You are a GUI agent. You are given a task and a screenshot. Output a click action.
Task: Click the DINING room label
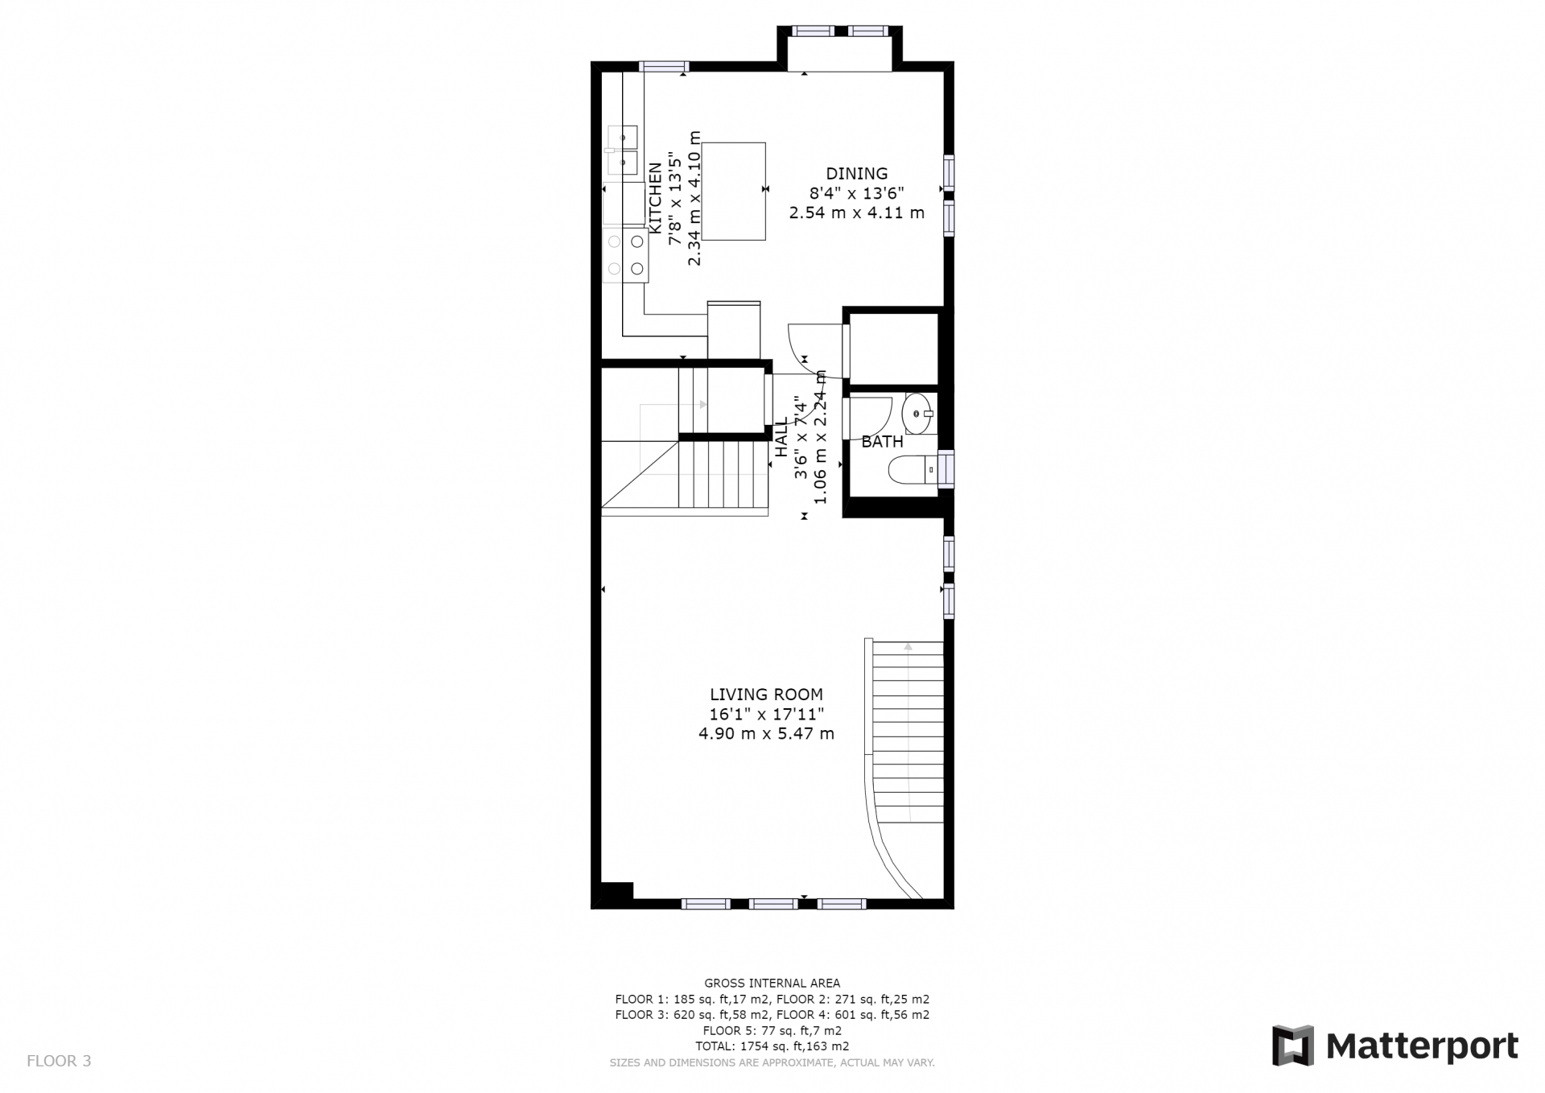click(x=857, y=173)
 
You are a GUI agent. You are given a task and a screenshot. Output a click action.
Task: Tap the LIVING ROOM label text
click(x=766, y=695)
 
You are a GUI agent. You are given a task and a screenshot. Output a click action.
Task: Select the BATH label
click(x=882, y=442)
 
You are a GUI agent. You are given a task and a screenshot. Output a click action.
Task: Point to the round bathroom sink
click(x=918, y=414)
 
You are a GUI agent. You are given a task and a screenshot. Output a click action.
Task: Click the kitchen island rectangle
click(x=733, y=192)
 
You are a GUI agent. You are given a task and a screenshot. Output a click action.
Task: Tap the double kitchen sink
click(x=623, y=150)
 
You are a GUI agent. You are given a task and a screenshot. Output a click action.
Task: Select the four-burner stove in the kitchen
click(x=626, y=255)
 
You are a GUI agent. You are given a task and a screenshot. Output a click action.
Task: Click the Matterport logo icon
click(x=1292, y=1046)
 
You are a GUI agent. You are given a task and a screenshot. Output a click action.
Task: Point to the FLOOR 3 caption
click(x=59, y=1061)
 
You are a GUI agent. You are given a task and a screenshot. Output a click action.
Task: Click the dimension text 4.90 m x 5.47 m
click(x=766, y=734)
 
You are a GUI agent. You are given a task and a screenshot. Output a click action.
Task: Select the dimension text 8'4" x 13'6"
click(x=857, y=193)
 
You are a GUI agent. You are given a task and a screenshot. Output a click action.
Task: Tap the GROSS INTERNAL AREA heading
click(x=772, y=983)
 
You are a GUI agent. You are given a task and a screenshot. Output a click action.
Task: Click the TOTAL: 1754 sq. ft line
click(x=772, y=1046)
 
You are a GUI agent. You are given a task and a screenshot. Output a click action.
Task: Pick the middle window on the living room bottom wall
click(x=773, y=904)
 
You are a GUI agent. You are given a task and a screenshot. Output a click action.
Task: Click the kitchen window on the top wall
click(x=664, y=67)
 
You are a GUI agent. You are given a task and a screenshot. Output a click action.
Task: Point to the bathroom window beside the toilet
click(x=948, y=469)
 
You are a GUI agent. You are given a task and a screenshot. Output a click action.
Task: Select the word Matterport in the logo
click(x=1422, y=1046)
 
